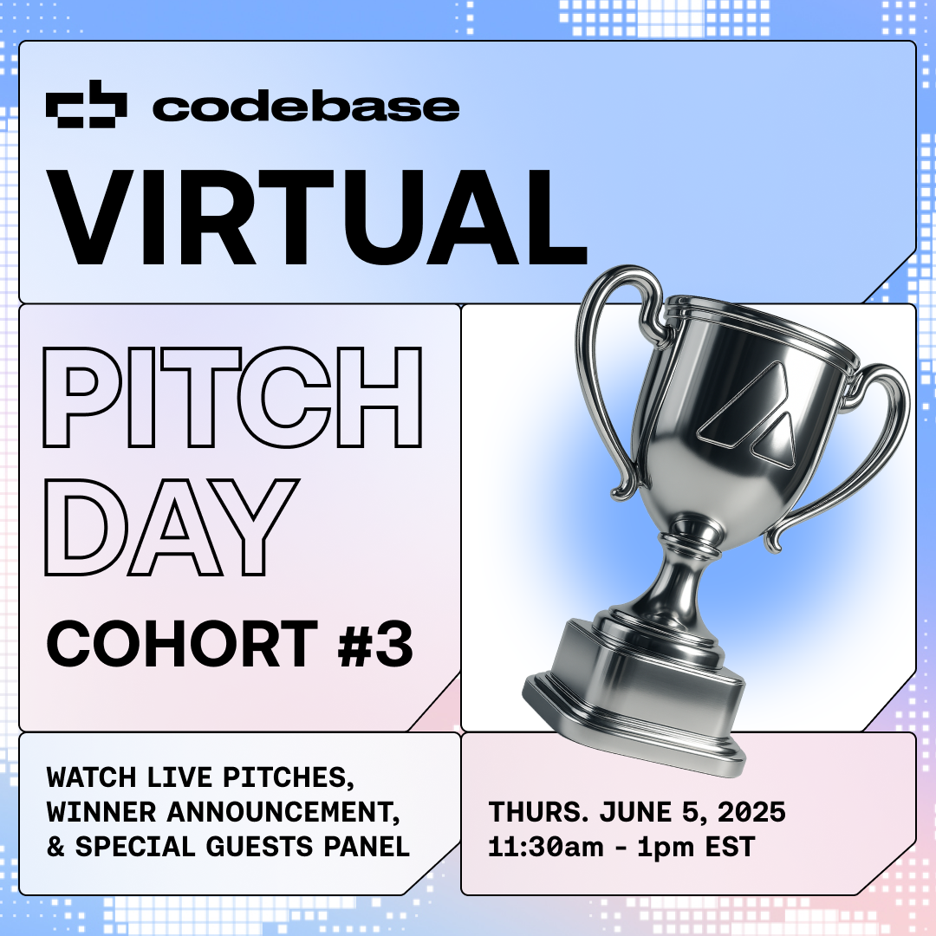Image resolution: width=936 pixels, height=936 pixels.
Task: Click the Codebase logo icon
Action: (87, 104)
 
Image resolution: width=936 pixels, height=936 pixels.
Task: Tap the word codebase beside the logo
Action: (306, 107)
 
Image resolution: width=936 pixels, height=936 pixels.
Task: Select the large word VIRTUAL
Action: (316, 217)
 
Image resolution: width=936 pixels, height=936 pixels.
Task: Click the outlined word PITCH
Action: (233, 397)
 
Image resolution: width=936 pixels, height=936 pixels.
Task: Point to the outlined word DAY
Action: (171, 527)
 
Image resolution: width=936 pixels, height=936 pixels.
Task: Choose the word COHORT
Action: (182, 643)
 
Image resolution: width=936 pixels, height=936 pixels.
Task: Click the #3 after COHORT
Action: (375, 643)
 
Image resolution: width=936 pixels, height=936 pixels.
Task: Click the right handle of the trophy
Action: (877, 453)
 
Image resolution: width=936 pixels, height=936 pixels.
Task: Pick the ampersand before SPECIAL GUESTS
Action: (55, 847)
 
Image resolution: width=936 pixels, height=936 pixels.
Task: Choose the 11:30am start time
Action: (546, 847)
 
